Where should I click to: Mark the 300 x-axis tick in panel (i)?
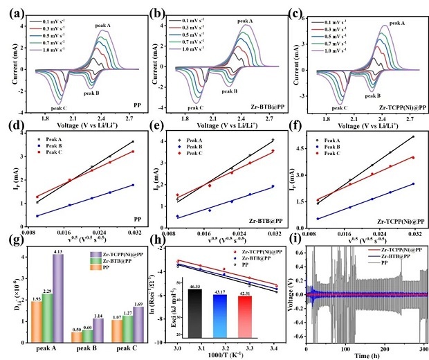(415, 344)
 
